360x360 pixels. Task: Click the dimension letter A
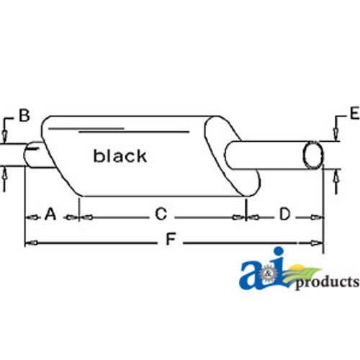click(50, 214)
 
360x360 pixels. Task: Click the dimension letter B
click(24, 115)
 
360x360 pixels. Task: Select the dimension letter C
click(161, 214)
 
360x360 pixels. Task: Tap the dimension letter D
click(284, 214)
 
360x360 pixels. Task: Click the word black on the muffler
click(120, 156)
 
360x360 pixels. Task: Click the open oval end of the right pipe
click(314, 154)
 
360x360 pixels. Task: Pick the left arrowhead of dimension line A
click(29, 216)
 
